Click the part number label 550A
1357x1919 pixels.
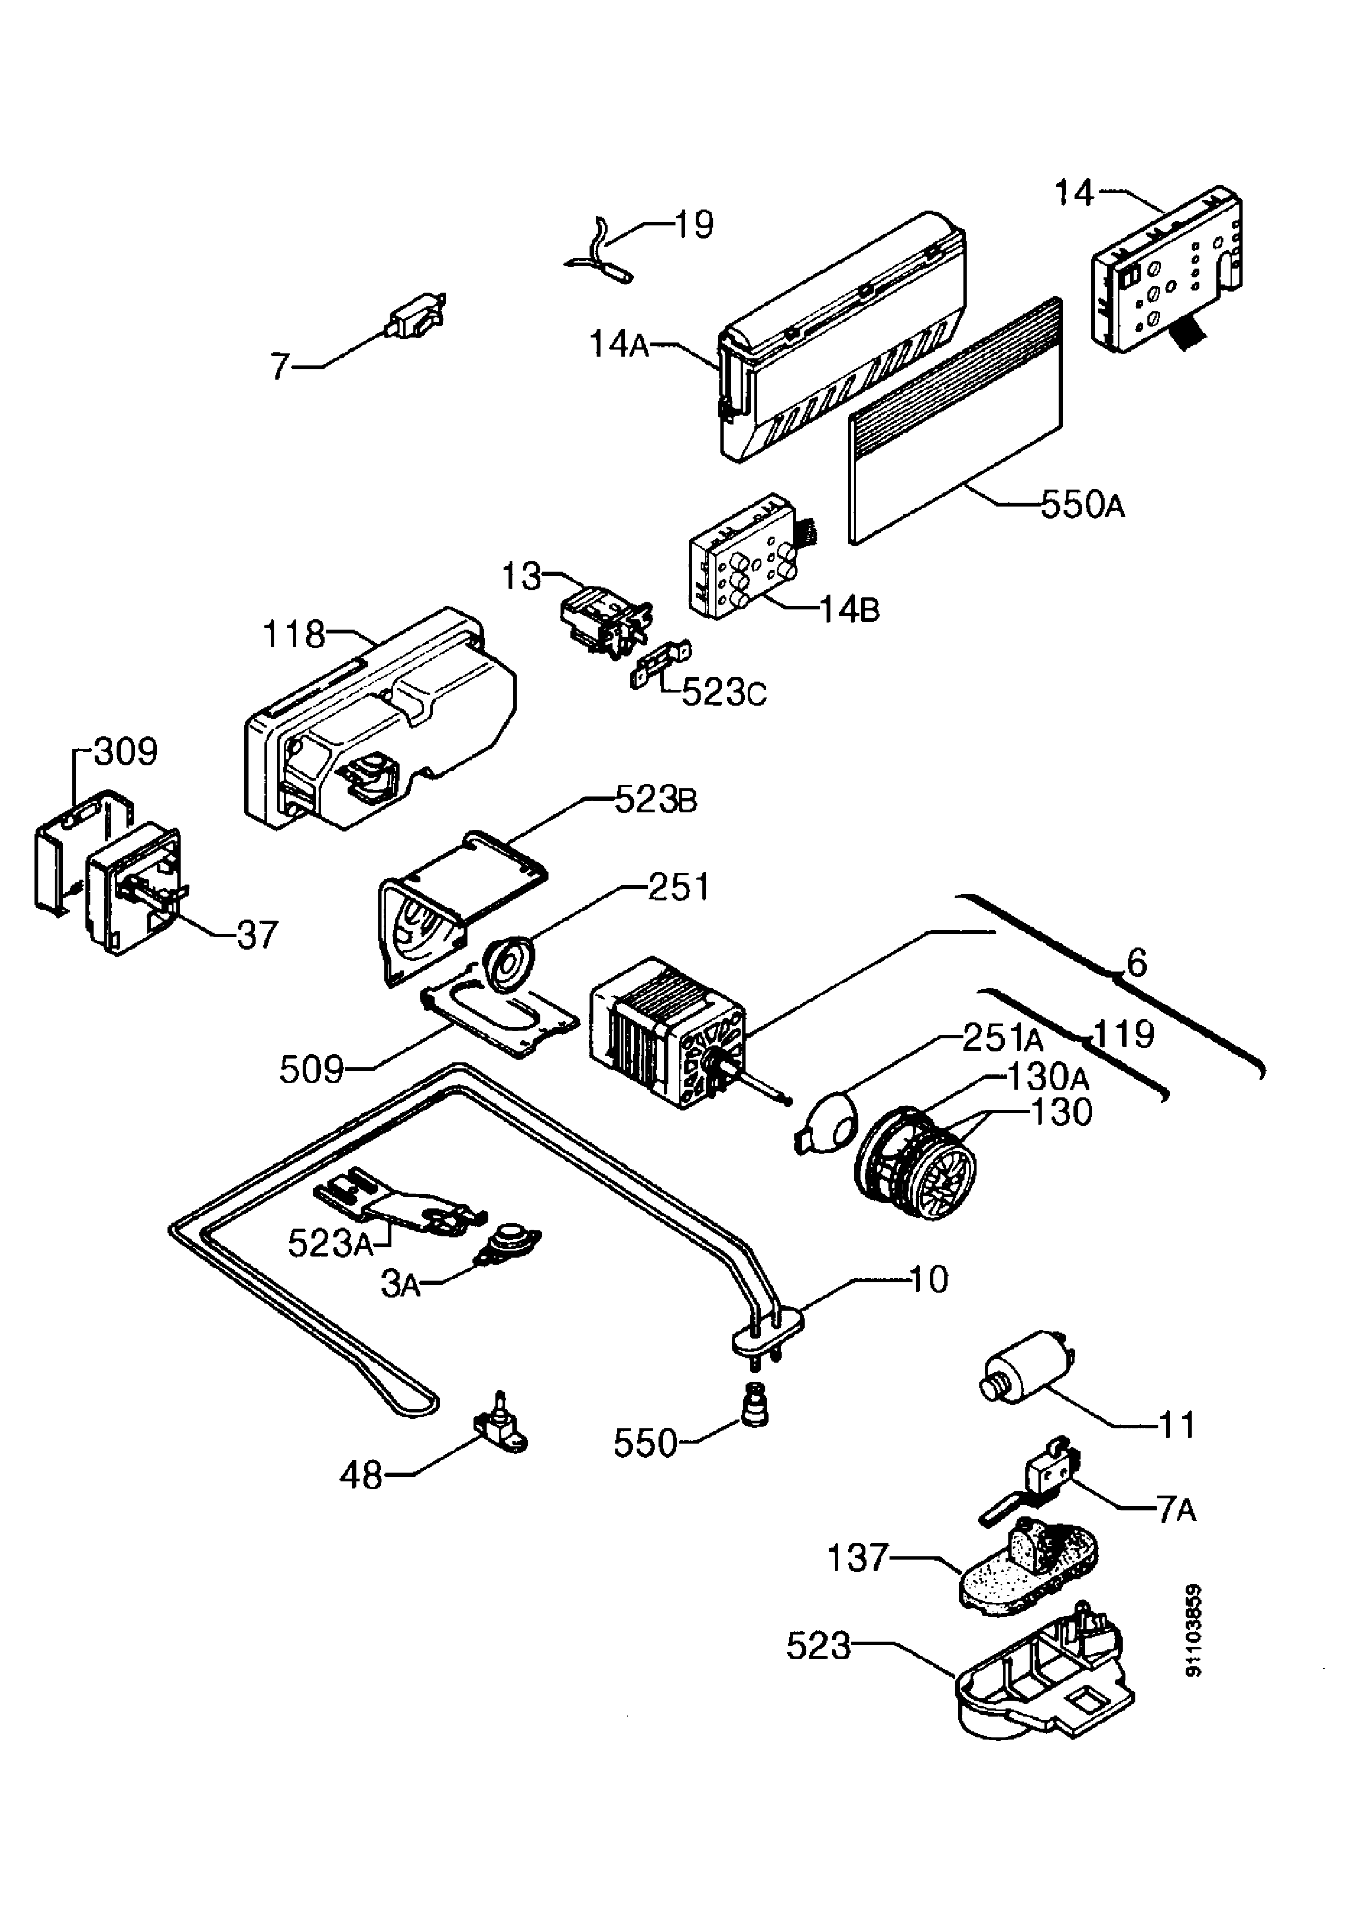click(x=1082, y=505)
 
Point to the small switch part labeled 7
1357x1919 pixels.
click(x=414, y=318)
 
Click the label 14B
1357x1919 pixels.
click(x=848, y=610)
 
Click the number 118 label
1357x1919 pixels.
click(x=295, y=635)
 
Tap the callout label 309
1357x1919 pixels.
click(x=125, y=752)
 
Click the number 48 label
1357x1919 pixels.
click(x=361, y=1476)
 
